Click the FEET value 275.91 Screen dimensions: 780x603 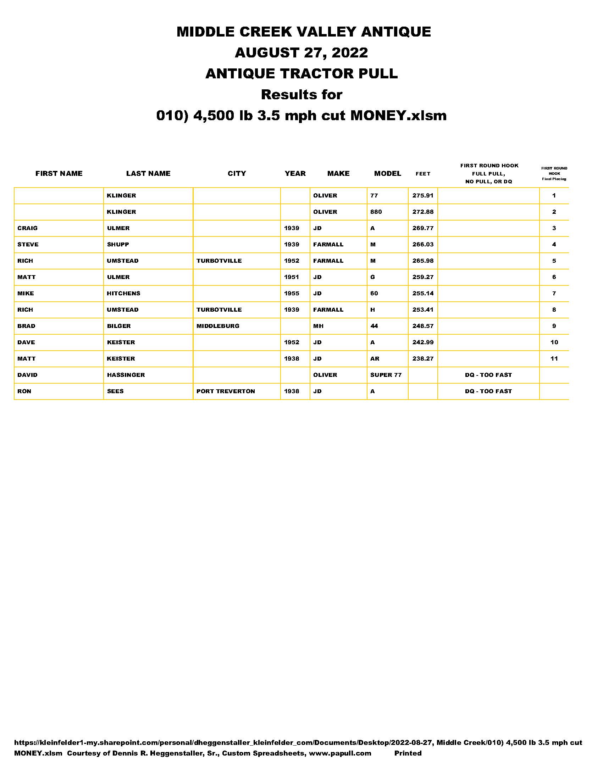pyautogui.click(x=422, y=195)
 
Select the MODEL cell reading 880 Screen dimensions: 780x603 pyautogui.click(x=376, y=212)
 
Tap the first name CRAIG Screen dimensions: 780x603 pyautogui.click(x=28, y=228)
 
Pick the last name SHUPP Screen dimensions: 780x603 pyautogui.click(x=118, y=244)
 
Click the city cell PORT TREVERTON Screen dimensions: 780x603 pyautogui.click(x=225, y=391)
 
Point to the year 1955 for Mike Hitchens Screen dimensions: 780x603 pyautogui.click(x=292, y=293)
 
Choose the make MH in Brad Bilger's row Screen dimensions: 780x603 pyautogui.click(x=318, y=326)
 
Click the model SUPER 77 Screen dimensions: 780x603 pyautogui.click(x=386, y=375)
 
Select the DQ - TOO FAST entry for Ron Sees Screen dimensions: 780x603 pyautogui.click(x=488, y=391)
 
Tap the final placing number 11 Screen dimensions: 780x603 pyautogui.click(x=554, y=358)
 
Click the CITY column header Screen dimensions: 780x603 pyautogui.click(x=237, y=174)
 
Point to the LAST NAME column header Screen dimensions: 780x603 pyautogui.click(x=148, y=174)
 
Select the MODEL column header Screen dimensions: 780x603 pyautogui.click(x=388, y=174)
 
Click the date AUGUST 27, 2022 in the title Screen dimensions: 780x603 pyautogui.click(x=301, y=53)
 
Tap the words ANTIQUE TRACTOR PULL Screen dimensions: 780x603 pyautogui.click(x=301, y=74)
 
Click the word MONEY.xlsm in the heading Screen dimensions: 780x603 pyautogui.click(x=398, y=115)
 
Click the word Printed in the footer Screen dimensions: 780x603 pyautogui.click(x=408, y=753)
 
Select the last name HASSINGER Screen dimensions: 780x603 pyautogui.click(x=126, y=375)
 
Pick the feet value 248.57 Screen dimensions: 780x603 pyautogui.click(x=423, y=326)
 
